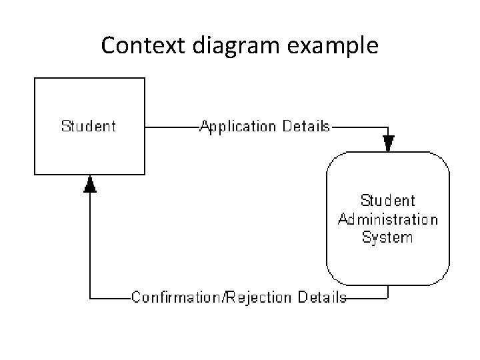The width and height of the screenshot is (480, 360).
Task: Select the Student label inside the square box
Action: pos(89,126)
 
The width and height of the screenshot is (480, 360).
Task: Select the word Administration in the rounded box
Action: pos(388,219)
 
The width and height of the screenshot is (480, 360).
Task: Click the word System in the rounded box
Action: pos(387,237)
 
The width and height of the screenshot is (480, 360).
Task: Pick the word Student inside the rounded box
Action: pos(387,201)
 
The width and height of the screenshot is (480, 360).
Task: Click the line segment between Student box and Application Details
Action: pos(172,126)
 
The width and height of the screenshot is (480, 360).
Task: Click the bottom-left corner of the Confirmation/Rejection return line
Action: pos(90,297)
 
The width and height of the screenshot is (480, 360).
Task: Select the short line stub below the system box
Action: pos(388,291)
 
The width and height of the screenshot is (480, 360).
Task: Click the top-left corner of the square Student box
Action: pos(35,78)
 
